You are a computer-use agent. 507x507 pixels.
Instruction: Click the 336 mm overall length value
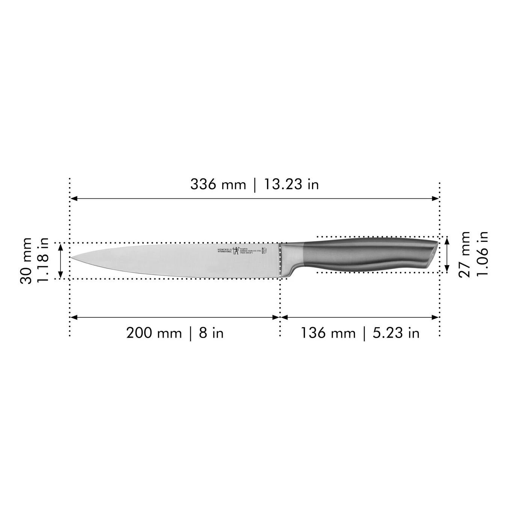(218, 184)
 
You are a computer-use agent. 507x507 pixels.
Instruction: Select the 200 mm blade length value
(154, 333)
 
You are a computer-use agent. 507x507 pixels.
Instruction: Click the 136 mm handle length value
(327, 333)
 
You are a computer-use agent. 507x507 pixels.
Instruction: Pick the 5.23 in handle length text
(396, 333)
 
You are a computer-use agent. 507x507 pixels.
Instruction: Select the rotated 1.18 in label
(44, 261)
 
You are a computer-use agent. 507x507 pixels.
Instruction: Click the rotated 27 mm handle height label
(465, 254)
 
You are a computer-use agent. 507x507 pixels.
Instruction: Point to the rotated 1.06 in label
(482, 254)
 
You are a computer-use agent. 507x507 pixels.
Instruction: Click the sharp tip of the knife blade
(72, 257)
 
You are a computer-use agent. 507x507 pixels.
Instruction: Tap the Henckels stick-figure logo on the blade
(236, 251)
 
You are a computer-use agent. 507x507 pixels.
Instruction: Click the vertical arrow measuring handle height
(447, 254)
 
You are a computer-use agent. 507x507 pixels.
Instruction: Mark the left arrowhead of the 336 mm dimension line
(74, 198)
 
